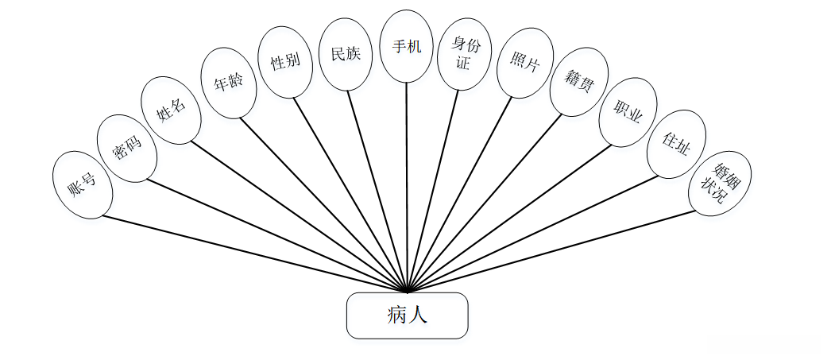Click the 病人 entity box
(407, 315)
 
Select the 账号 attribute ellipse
(82, 185)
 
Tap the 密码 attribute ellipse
(126, 147)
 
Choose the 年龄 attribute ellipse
(229, 83)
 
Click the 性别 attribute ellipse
(285, 62)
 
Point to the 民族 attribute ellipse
(345, 54)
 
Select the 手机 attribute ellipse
(407, 46)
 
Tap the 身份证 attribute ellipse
(463, 54)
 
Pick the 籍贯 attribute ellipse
(578, 81)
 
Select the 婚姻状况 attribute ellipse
(719, 183)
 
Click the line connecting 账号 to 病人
(254, 254)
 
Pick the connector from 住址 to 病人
(532, 233)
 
